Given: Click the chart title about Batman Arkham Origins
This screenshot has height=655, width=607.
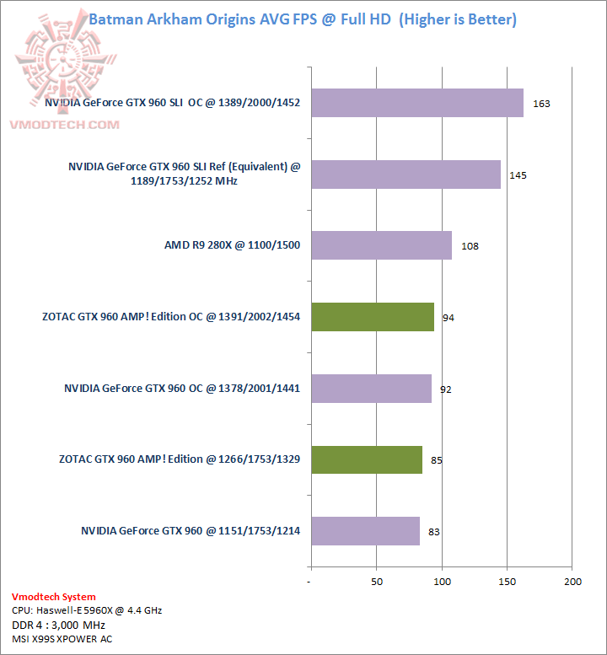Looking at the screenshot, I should pos(303,19).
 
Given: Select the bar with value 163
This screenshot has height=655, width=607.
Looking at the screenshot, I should pos(416,103).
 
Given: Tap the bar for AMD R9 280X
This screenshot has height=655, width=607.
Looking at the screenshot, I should pos(381,245).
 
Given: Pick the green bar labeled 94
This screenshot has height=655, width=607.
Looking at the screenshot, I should pos(372,317).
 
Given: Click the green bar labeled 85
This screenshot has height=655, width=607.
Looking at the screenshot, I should pos(366,459).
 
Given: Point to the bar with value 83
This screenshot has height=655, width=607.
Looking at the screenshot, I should pos(365,531).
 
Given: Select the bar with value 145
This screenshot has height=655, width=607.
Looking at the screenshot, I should pos(406,174).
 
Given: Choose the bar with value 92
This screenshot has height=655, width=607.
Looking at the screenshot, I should pos(371,389).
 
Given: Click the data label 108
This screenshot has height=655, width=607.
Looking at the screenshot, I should pos(470,247).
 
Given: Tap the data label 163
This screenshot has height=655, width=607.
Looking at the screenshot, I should pos(541,104).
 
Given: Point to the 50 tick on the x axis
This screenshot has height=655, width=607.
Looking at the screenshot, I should pos(376,583).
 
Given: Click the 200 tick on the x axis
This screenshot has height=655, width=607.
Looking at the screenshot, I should pos(573,583).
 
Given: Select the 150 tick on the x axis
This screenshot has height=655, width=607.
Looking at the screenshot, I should pos(508,583).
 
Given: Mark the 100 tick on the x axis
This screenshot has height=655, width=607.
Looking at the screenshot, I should pos(442,583).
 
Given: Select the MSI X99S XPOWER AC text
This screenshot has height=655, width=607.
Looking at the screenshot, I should pos(62,639).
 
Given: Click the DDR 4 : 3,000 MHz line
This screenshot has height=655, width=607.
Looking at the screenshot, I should pos(58,625).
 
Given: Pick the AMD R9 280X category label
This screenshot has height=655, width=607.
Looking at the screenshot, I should pos(232,245).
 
